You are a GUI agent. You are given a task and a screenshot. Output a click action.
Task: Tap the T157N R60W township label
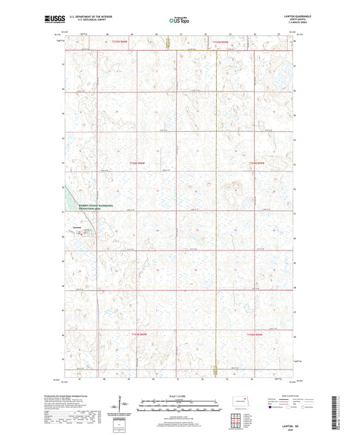[120, 42]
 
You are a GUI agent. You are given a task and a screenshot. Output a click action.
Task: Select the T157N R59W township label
[221, 42]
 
